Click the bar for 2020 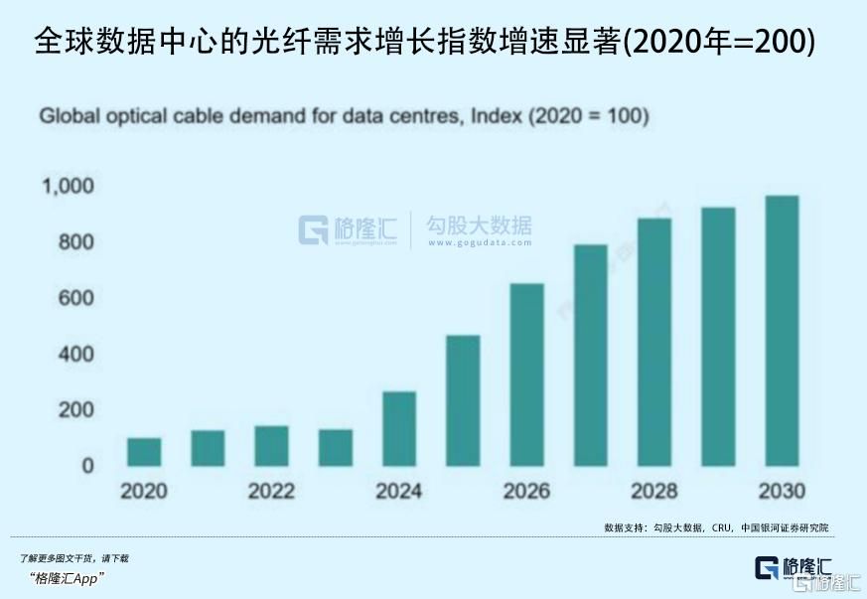pos(144,452)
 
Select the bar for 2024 pos(399,429)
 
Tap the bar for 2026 pos(526,374)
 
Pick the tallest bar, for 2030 pos(782,331)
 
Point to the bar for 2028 pos(654,342)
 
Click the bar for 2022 pos(271,446)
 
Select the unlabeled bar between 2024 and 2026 pos(463,400)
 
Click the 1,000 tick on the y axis pos(67,186)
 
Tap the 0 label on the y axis pos(87,466)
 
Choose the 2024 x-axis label pos(398,492)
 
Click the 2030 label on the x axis pos(782,492)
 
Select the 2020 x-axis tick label pos(144,492)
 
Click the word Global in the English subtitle pos(67,117)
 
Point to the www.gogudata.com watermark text pos(478,242)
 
